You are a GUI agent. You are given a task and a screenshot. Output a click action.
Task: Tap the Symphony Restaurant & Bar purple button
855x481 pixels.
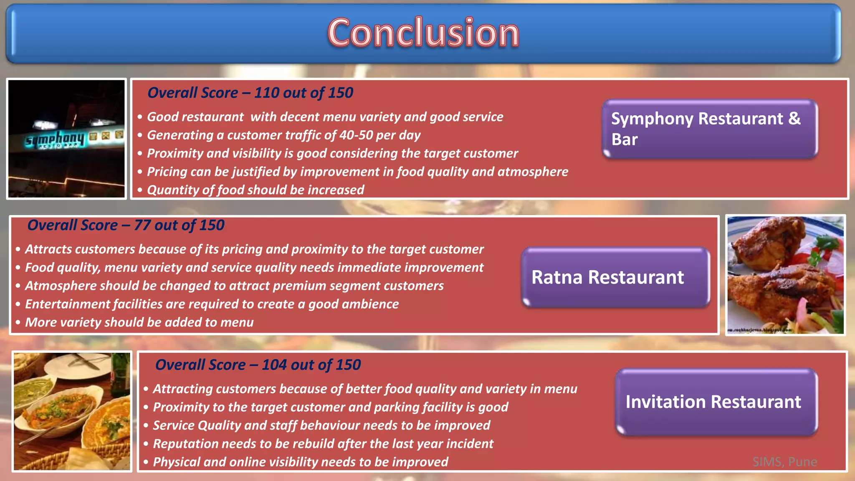(x=709, y=129)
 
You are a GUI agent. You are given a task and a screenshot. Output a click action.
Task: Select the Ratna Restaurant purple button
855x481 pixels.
(x=615, y=277)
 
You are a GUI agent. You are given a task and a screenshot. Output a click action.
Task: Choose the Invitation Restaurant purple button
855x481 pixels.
(x=716, y=402)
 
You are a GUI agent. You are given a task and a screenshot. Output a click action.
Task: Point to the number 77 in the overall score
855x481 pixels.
(x=142, y=225)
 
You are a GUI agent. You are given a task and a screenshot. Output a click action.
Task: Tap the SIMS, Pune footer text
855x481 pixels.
(x=784, y=462)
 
